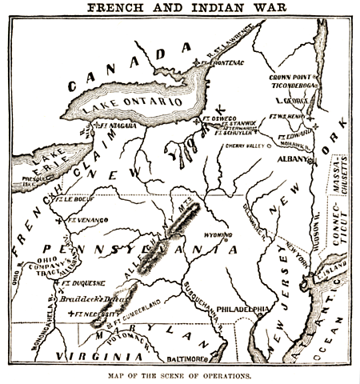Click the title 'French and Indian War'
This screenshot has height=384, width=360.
click(x=180, y=9)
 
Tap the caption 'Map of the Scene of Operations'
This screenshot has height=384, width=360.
click(x=180, y=376)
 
